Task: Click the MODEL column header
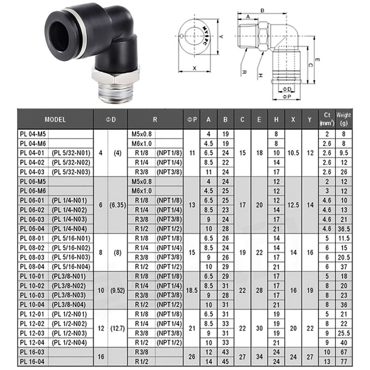pyautogui.click(x=55, y=120)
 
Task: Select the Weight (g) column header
pyautogui.click(x=343, y=119)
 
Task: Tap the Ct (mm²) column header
pyautogui.click(x=326, y=119)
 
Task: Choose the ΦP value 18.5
pyautogui.click(x=192, y=291)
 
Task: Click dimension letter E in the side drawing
pyautogui.click(x=317, y=59)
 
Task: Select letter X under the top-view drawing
pyautogui.click(x=194, y=68)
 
